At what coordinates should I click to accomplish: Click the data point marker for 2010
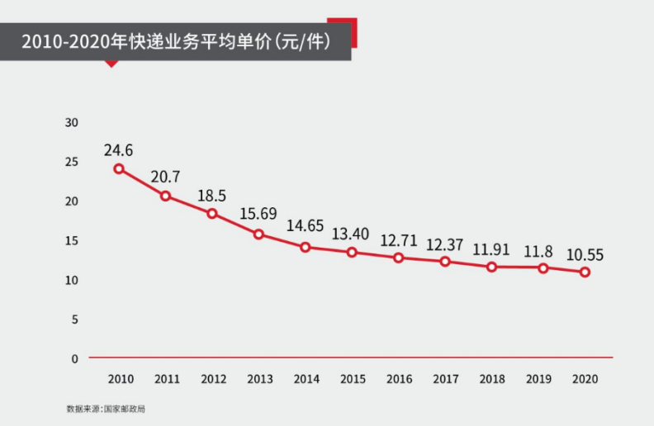click(119, 168)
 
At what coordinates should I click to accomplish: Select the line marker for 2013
click(258, 234)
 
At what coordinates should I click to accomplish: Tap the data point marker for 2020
click(585, 272)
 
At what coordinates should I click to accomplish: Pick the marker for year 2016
click(398, 258)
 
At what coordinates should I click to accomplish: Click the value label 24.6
click(118, 150)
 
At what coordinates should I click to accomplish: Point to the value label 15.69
click(258, 214)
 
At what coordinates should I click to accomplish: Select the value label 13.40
click(352, 232)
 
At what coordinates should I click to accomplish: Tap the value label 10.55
click(585, 254)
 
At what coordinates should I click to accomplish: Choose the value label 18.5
click(212, 196)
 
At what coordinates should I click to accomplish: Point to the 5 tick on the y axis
click(74, 319)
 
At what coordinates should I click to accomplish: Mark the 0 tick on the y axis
click(74, 359)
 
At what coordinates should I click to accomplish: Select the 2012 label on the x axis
click(212, 379)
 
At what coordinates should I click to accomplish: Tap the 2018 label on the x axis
click(491, 379)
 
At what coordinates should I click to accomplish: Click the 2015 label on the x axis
click(352, 379)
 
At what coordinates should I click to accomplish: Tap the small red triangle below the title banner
click(111, 64)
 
